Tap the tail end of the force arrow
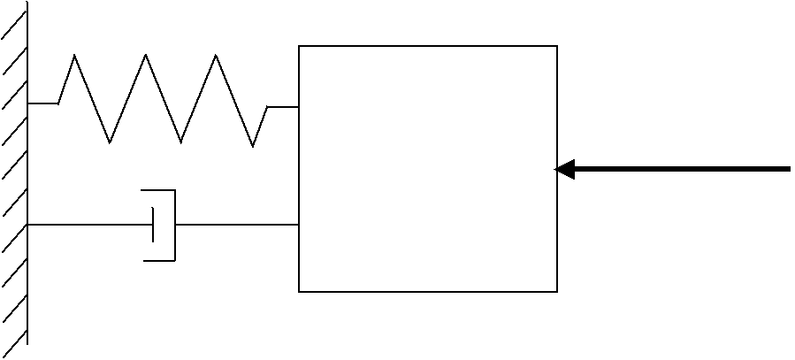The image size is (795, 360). (788, 169)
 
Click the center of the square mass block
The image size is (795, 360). (428, 168)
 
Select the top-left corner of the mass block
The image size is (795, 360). (299, 46)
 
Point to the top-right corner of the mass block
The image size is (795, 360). (557, 46)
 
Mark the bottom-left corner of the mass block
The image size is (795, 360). (299, 291)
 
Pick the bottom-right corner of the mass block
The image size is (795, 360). (557, 291)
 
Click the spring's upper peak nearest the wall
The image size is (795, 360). (74, 56)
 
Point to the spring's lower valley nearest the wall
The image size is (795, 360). (110, 142)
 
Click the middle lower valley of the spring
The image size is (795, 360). (181, 142)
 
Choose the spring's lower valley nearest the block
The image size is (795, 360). (253, 146)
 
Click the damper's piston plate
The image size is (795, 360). (154, 225)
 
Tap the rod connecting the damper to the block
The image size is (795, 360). (237, 225)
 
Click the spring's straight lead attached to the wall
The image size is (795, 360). (42, 103)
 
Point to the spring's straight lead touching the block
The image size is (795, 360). (283, 107)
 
